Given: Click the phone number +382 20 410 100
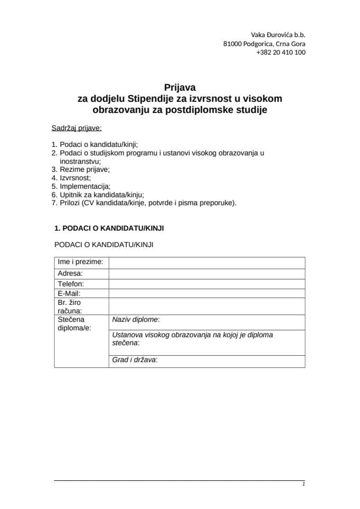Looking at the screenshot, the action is coord(280,52).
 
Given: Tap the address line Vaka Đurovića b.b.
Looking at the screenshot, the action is coord(278,34).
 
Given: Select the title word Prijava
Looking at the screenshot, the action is coord(180,88).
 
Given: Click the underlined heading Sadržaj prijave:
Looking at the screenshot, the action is coord(77,128).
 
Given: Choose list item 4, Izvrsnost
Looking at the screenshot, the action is coord(71,178).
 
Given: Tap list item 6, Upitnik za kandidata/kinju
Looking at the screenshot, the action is coord(98,195).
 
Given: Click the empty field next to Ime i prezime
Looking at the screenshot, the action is coord(207,263).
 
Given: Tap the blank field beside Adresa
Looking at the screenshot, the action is coord(207,274).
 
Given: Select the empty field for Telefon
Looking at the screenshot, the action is coord(207,284).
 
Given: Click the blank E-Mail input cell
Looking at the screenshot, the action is coord(207,293).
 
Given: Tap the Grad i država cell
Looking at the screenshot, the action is coord(207,361).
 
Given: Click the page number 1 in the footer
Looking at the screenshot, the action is coord(303,484).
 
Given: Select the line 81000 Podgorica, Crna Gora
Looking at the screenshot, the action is coord(264,43).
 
